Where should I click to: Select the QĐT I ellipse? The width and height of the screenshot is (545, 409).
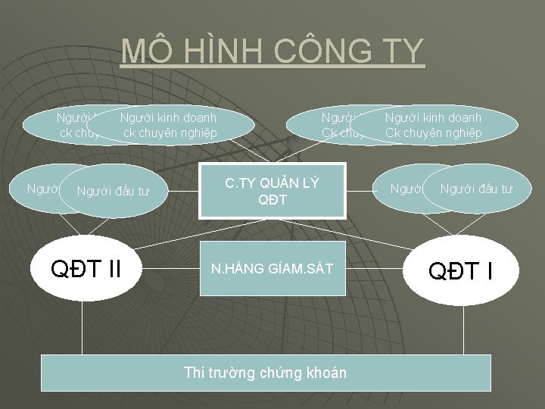click(x=462, y=270)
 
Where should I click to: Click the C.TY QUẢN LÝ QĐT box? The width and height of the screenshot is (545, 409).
click(x=272, y=191)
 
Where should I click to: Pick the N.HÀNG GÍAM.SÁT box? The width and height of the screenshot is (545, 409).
click(x=272, y=269)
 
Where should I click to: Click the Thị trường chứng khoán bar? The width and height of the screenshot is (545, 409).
click(x=265, y=372)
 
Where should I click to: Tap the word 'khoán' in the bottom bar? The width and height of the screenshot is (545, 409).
click(x=325, y=372)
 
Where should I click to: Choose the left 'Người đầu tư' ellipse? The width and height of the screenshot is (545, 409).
click(x=114, y=191)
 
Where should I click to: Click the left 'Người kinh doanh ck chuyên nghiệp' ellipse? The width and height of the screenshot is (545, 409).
click(x=169, y=125)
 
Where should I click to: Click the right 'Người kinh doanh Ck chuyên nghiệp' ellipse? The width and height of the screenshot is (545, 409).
click(x=434, y=125)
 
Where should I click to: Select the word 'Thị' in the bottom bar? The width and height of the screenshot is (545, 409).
click(x=194, y=372)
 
